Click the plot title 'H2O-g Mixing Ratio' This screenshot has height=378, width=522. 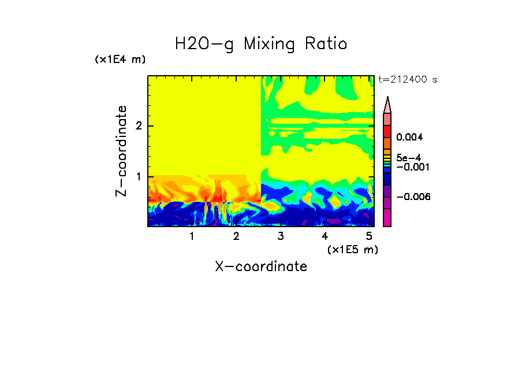261,44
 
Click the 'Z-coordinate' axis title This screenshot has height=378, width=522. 121,151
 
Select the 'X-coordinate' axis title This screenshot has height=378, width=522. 261,266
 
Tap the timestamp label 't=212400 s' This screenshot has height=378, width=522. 407,80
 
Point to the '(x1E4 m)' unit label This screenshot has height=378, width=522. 120,60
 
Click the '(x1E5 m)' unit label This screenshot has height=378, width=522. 352,249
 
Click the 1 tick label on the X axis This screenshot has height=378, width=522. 192,236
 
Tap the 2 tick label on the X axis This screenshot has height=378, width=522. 236,236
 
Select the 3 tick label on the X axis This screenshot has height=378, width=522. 280,236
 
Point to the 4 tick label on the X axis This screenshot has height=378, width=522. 325,236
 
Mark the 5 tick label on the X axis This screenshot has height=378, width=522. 368,236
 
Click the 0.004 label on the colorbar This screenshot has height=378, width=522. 409,138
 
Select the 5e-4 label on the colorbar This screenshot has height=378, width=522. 408,158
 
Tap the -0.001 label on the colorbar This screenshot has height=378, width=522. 411,166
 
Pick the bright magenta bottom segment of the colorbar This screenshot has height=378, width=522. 387,217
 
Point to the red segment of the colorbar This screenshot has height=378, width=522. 387,131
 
